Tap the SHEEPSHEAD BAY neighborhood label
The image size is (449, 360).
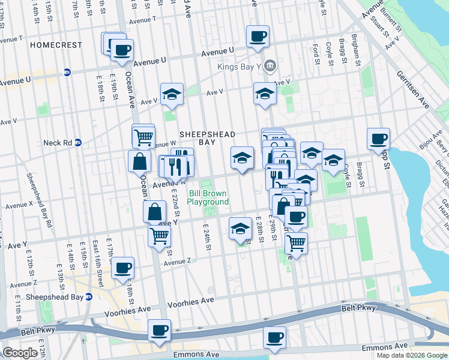pyautogui.click(x=206, y=140)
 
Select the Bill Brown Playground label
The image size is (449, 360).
pyautogui.click(x=208, y=197)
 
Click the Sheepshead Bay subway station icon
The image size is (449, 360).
pyautogui.click(x=89, y=297)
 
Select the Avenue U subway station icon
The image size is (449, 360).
pyautogui.click(x=67, y=72)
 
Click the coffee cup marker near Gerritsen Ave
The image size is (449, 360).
pyautogui.click(x=379, y=139)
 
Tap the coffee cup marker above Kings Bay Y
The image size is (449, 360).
pyautogui.click(x=258, y=36)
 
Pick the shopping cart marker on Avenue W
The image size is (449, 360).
pyautogui.click(x=144, y=137)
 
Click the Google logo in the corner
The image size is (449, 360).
pyautogui.click(x=20, y=353)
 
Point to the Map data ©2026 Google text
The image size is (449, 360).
pyautogui.click(x=412, y=355)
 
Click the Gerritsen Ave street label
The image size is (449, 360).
pyautogui.click(x=412, y=89)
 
